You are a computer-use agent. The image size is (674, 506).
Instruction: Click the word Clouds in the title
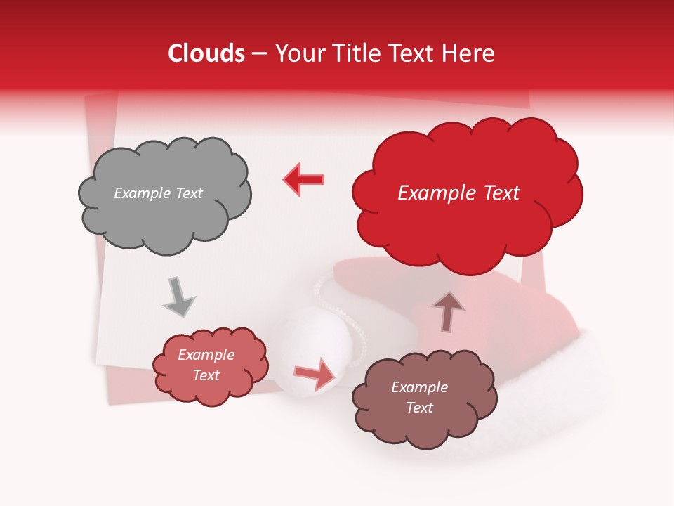click(x=206, y=53)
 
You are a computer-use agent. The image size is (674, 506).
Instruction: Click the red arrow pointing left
click(x=304, y=179)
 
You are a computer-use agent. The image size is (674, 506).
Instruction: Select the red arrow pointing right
click(x=315, y=373)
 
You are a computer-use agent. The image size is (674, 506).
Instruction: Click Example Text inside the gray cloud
click(x=158, y=193)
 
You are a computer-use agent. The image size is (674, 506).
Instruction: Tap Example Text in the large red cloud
click(x=458, y=193)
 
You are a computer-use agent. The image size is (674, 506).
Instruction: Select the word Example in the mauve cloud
click(x=419, y=387)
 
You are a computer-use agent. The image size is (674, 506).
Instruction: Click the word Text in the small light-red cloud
click(x=206, y=375)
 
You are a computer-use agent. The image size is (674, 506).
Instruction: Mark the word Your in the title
click(x=297, y=53)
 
